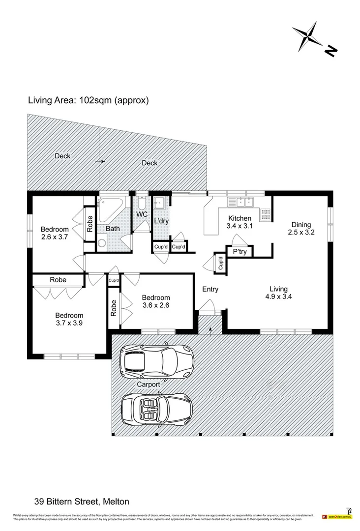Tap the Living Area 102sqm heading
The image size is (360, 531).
click(88, 100)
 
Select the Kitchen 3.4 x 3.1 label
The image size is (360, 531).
click(239, 222)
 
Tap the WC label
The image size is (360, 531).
click(142, 214)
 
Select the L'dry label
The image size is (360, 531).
click(161, 221)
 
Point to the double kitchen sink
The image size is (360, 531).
click(240, 202)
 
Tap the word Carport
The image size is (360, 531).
click(148, 384)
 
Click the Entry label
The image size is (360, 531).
click(210, 290)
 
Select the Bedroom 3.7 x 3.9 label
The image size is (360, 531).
click(69, 320)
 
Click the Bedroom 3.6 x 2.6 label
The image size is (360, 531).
click(156, 301)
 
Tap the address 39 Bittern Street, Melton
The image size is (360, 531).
click(82, 501)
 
